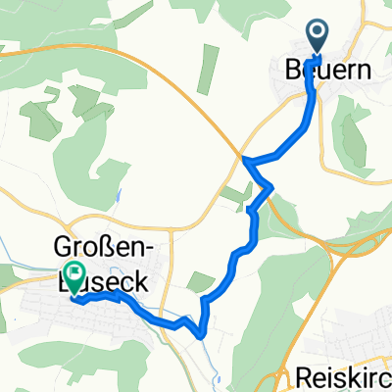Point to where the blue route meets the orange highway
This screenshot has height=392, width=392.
244,158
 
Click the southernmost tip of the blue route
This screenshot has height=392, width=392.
202,334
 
